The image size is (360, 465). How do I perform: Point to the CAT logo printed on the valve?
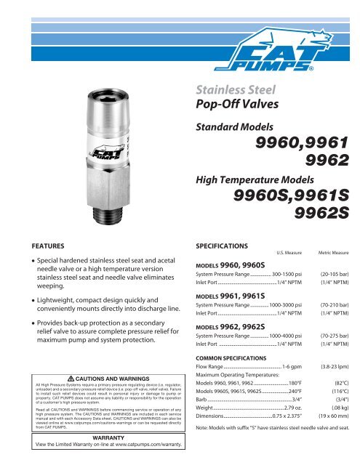click(x=103, y=154)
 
